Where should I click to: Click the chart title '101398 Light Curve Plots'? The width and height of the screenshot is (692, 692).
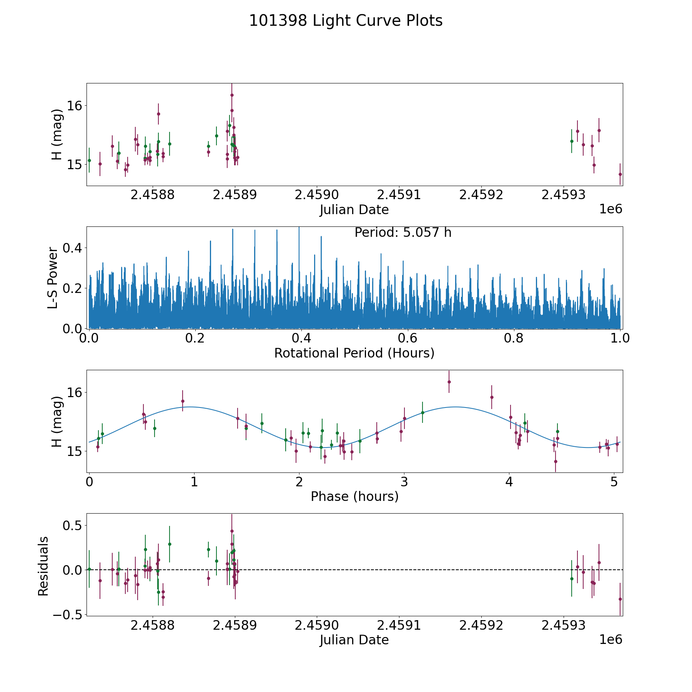[346, 21]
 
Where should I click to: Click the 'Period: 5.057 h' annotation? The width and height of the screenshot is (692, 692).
[403, 233]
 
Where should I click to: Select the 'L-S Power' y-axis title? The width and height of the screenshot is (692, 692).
[53, 278]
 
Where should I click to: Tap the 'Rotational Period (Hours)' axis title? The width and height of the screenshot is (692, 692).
[354, 353]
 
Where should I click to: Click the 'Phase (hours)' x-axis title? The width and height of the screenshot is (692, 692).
[354, 496]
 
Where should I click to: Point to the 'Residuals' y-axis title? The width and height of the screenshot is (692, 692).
[43, 566]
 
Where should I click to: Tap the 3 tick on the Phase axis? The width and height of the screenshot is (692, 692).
[404, 482]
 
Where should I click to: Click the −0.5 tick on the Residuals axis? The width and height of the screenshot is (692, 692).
[66, 615]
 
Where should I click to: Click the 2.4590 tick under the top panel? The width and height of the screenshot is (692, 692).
[317, 195]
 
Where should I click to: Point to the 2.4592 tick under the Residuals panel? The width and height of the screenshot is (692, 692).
[481, 625]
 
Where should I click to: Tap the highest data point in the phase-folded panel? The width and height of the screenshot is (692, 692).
[449, 382]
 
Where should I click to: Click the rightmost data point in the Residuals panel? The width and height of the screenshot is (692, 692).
[620, 599]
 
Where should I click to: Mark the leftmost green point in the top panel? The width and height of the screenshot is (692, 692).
[89, 160]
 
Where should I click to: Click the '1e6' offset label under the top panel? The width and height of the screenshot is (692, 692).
[610, 209]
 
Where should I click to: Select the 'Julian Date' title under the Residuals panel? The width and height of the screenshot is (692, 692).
[354, 640]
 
